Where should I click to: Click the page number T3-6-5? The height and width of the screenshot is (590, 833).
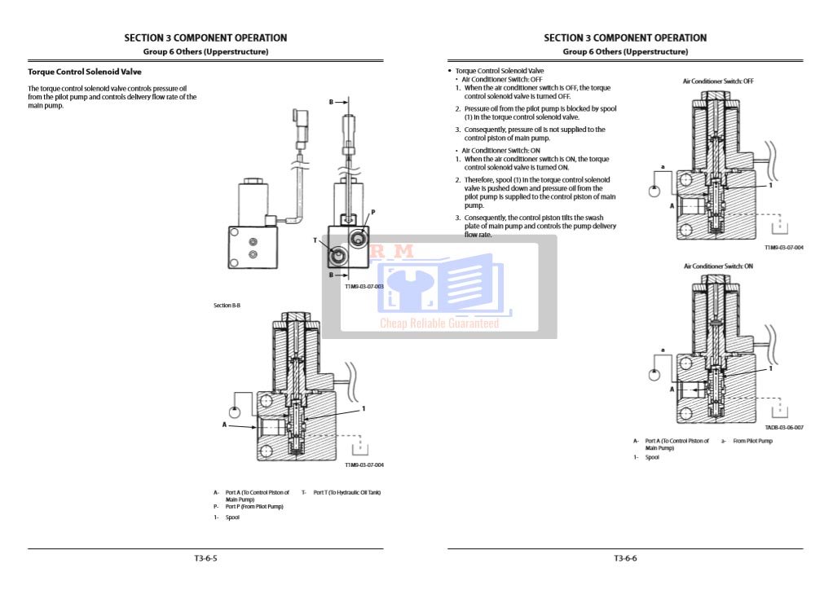tap(205, 558)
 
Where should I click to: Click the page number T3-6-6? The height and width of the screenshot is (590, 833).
tap(625, 558)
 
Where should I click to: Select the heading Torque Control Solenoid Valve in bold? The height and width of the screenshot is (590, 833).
tap(85, 72)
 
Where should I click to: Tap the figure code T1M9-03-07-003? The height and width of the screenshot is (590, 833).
tap(364, 287)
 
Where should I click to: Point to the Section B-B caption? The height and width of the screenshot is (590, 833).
tap(227, 305)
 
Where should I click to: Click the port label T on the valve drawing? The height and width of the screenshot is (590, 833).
tap(315, 240)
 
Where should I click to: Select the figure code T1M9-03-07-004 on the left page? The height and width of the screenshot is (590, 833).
tap(364, 465)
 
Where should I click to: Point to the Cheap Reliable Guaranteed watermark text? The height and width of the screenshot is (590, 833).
tap(439, 324)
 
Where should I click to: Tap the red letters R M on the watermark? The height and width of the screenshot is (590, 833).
tap(392, 253)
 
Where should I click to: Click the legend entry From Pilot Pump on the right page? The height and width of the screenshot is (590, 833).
tap(752, 441)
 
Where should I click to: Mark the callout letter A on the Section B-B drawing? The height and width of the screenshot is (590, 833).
tap(224, 425)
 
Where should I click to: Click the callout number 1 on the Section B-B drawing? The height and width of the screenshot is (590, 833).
tap(364, 408)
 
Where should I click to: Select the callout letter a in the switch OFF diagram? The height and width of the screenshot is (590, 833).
tap(663, 167)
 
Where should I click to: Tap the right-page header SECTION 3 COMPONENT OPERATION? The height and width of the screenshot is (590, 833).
tap(625, 37)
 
